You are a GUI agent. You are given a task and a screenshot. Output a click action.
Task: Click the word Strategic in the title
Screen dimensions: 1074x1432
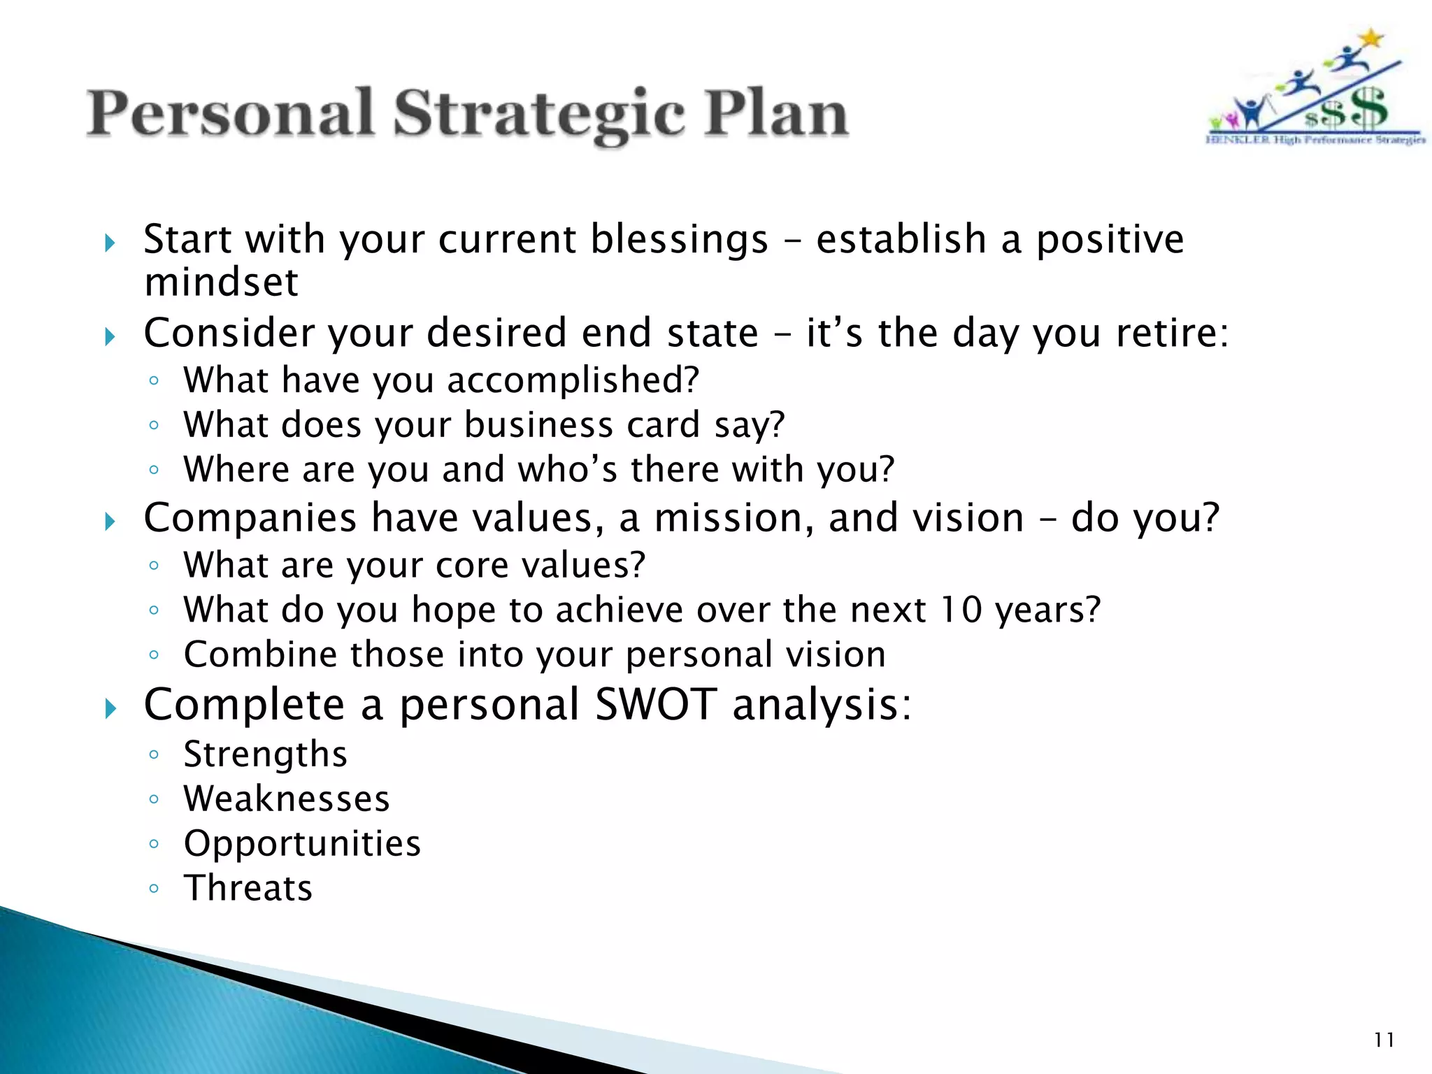pos(538,114)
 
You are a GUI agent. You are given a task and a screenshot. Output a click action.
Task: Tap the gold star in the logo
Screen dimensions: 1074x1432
pos(1372,38)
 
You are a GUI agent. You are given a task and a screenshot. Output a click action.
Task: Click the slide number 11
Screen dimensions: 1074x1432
pos(1384,1040)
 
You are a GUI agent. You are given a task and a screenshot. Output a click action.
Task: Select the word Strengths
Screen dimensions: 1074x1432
pos(265,754)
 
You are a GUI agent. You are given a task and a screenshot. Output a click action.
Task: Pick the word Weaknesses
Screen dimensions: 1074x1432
pos(286,799)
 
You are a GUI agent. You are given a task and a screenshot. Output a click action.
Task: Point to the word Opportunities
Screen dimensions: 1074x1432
pos(302,843)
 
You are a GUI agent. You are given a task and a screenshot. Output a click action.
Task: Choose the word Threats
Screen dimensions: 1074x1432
pos(248,888)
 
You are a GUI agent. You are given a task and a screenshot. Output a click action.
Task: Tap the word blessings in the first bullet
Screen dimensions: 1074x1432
pos(679,240)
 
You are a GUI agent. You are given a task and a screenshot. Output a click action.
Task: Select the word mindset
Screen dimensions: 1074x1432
pos(221,282)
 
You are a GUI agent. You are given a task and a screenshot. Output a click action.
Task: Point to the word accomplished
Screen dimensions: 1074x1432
pos(573,380)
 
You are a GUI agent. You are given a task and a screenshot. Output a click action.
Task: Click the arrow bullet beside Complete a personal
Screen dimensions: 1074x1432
pos(110,709)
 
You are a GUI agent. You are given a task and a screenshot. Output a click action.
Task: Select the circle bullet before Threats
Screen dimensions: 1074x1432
pos(154,889)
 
